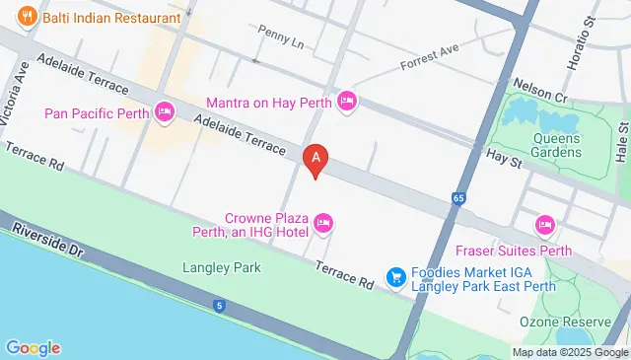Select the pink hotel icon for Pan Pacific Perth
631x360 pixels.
pos(166,112)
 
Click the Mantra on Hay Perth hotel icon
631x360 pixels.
pos(346,101)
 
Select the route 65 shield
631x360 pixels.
pos(459,198)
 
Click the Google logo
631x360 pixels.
pos(33,347)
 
